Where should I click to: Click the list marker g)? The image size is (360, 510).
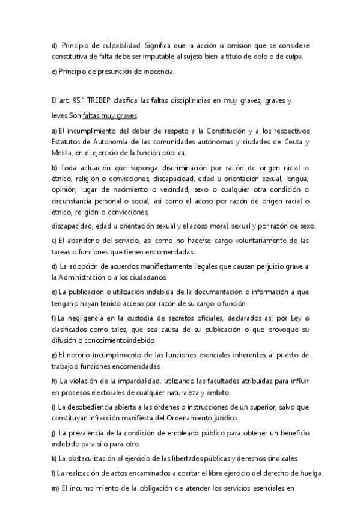[54, 355]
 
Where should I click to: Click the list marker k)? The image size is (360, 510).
[54, 458]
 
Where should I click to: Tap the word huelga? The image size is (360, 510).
[310, 473]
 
